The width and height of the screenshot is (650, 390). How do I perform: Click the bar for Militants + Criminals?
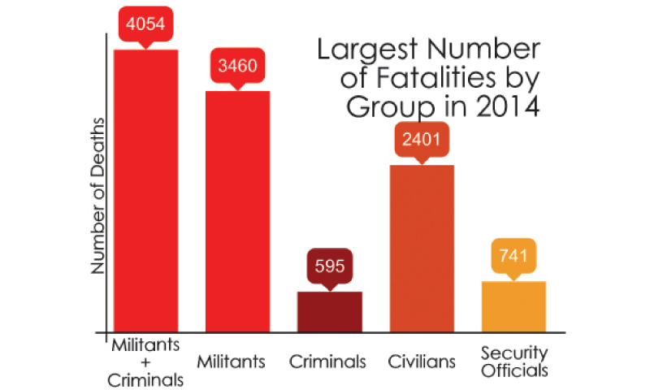click(x=145, y=191)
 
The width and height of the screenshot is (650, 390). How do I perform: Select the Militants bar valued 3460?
click(x=237, y=211)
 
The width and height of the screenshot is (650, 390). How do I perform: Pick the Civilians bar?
click(x=422, y=248)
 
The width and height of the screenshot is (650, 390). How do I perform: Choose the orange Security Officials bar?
click(x=513, y=306)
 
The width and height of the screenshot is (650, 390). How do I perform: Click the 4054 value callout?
click(x=145, y=24)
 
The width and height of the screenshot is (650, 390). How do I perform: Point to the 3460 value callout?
click(x=237, y=65)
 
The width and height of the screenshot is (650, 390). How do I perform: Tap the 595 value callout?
click(x=329, y=265)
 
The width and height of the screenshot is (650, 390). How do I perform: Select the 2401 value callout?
click(x=422, y=140)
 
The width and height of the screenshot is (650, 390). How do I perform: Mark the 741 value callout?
click(x=513, y=256)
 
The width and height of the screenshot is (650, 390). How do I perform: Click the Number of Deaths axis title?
click(x=97, y=195)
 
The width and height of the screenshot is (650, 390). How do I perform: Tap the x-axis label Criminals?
click(x=329, y=361)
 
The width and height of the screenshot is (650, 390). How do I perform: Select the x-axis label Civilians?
click(x=422, y=361)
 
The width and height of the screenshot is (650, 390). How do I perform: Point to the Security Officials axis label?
click(x=513, y=361)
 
